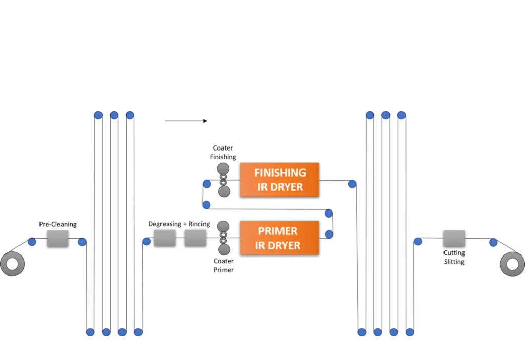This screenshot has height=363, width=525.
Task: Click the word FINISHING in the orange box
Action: (x=279, y=173)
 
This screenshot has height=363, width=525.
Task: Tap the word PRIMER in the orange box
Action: (x=277, y=231)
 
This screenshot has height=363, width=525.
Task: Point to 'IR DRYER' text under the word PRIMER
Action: (x=277, y=245)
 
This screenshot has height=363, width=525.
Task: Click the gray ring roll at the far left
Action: (x=12, y=264)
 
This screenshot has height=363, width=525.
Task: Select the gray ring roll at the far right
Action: (x=512, y=265)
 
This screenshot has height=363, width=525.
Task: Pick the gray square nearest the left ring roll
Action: (x=57, y=239)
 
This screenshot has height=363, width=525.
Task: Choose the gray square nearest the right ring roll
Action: (x=454, y=239)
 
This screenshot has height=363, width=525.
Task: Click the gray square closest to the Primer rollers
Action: (x=195, y=238)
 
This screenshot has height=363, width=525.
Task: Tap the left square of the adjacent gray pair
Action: (x=165, y=238)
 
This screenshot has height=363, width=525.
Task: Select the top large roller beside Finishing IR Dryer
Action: (x=223, y=168)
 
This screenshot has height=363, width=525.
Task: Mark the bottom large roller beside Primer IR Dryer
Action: (x=224, y=249)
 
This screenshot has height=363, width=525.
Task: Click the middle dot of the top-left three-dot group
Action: (x=114, y=115)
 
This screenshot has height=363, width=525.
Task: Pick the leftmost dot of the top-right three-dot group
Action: (x=370, y=115)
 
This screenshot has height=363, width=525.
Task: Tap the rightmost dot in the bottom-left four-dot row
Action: (x=138, y=333)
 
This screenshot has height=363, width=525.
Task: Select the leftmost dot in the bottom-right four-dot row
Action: (x=362, y=333)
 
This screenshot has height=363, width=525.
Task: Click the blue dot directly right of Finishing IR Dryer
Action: (x=352, y=183)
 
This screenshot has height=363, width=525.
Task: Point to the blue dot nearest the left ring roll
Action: (x=32, y=242)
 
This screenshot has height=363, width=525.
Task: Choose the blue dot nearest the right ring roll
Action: (x=493, y=242)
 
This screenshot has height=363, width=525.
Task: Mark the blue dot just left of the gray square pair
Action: (x=147, y=241)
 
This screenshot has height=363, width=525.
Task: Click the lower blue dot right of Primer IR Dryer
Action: (x=329, y=234)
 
